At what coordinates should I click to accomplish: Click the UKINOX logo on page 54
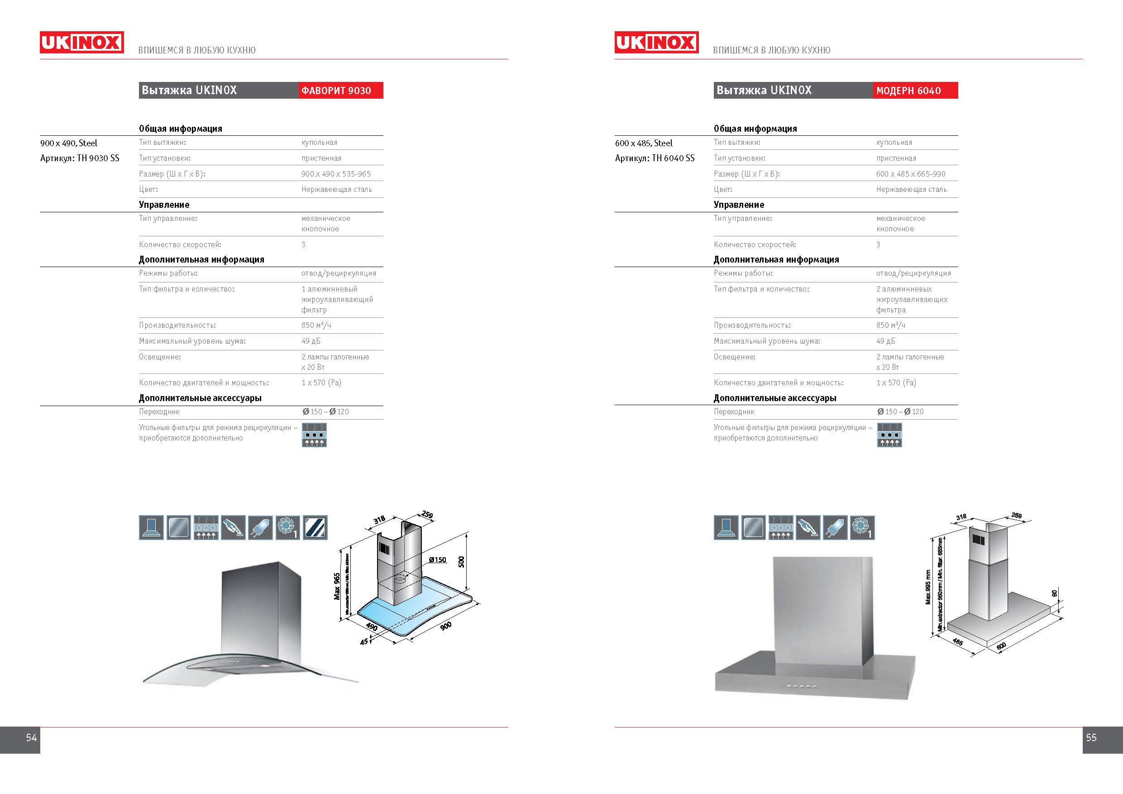81,43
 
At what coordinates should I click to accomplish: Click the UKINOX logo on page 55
656,43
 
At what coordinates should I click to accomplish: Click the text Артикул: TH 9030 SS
80,158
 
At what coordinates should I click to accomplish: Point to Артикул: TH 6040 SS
655,158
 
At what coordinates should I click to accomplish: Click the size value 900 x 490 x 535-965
336,174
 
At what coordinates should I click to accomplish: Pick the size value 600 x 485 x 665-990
911,174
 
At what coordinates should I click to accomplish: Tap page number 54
31,737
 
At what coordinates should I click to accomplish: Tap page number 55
1091,737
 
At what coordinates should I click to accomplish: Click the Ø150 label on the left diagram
437,560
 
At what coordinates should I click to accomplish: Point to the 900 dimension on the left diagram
445,626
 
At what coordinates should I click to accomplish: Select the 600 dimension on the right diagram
1001,646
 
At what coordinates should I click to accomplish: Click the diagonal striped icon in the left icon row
315,527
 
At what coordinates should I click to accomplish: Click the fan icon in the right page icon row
862,527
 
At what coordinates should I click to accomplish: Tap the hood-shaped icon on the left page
151,527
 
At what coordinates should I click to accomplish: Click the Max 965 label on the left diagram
337,586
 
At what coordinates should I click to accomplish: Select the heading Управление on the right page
739,205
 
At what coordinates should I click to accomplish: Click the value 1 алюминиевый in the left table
329,289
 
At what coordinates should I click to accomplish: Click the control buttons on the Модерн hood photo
801,686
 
